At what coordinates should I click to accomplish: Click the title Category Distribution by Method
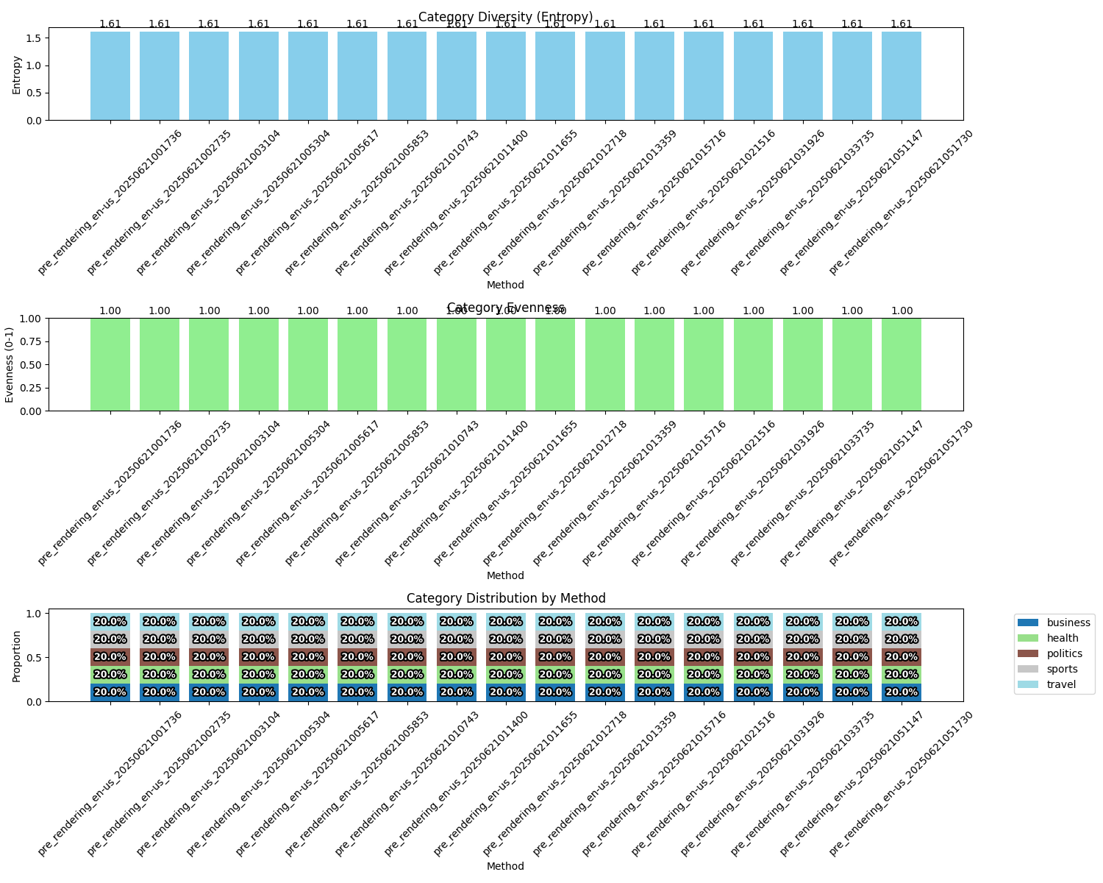(x=506, y=598)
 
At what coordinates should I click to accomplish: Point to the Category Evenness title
(x=506, y=308)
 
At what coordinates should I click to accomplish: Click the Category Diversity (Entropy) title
(x=506, y=17)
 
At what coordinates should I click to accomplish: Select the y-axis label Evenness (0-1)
(x=10, y=364)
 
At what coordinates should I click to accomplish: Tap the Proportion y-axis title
(x=16, y=656)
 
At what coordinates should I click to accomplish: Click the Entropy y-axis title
(x=16, y=74)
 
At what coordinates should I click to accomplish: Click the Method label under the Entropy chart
(x=505, y=285)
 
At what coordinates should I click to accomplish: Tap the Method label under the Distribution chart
(x=505, y=866)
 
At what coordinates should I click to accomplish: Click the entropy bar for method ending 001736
(x=110, y=76)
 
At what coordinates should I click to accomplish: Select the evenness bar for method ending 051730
(x=902, y=365)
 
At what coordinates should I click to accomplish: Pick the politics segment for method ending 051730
(x=902, y=657)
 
